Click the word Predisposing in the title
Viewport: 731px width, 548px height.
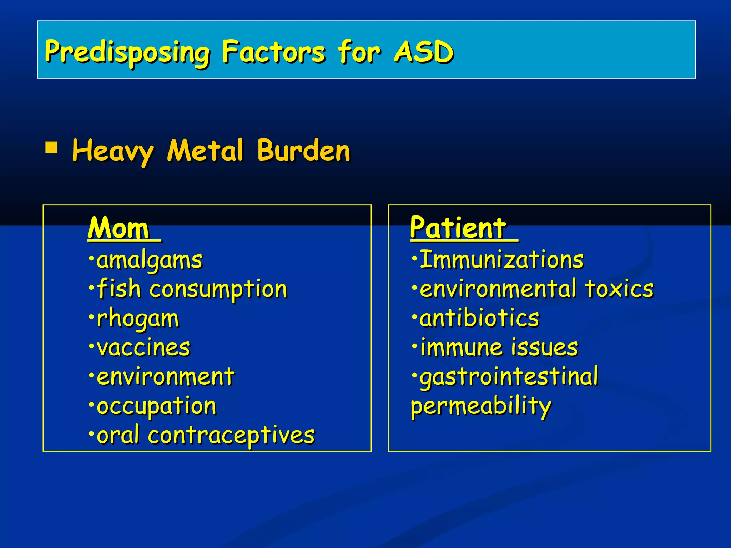tap(127, 52)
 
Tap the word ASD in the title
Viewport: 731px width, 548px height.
tap(424, 52)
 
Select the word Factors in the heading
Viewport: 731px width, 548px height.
tap(273, 52)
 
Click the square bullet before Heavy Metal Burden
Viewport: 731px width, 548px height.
tap(51, 147)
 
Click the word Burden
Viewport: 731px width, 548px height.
tap(304, 151)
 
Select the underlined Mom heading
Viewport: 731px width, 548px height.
tap(119, 228)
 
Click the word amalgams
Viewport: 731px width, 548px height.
tap(149, 260)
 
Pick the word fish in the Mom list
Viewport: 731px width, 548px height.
tap(119, 289)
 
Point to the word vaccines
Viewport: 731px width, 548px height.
tap(143, 347)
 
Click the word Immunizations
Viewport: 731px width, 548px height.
tap(501, 260)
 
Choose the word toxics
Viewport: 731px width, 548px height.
tap(619, 289)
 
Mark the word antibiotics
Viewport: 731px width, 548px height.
tap(479, 318)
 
